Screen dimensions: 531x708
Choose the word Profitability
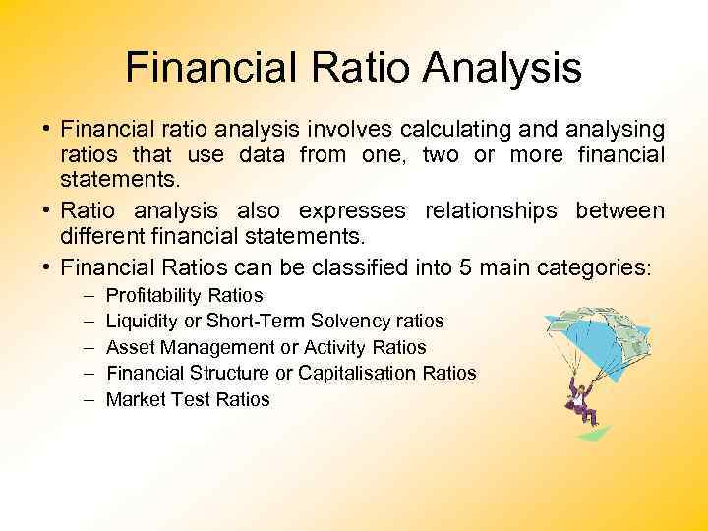[152, 295]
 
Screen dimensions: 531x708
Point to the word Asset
[127, 347]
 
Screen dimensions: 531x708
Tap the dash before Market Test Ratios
[85, 399]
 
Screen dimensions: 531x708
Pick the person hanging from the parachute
[579, 398]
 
